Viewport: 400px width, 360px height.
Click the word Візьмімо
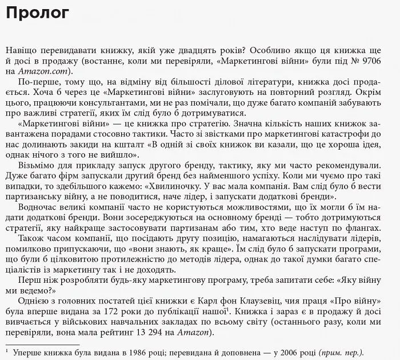tap(37, 165)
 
